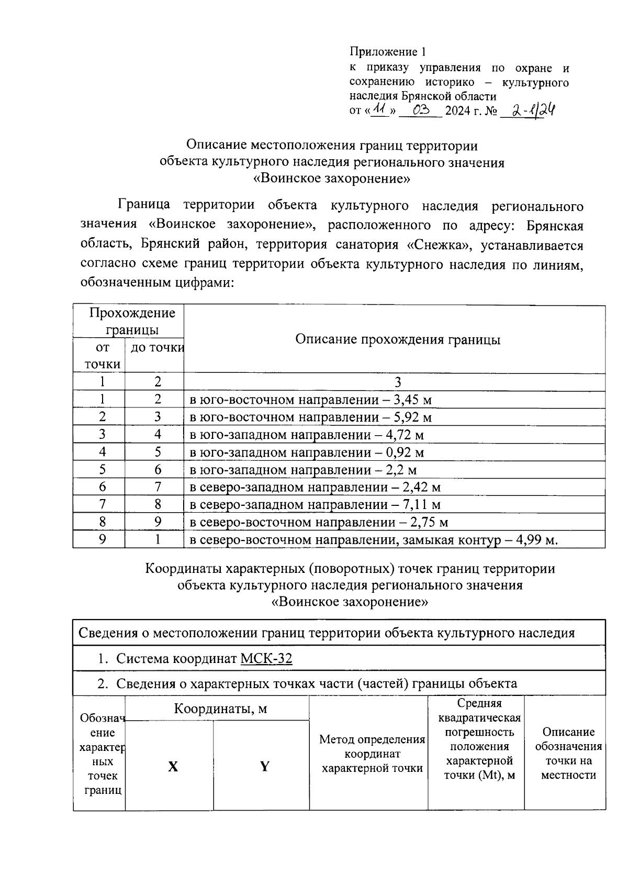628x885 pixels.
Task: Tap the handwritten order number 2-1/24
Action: coord(528,110)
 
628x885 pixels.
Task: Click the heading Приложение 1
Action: coord(388,52)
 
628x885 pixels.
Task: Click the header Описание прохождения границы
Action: coord(398,339)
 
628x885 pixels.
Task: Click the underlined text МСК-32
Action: coord(266,658)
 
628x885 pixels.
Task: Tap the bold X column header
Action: coord(173,767)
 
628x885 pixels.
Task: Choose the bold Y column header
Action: coord(265,767)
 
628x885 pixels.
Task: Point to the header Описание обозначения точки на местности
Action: coord(568,754)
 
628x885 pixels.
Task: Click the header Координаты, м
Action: coord(220,709)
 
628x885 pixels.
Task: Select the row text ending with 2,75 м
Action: coord(318,523)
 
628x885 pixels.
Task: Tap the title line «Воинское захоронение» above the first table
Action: coord(331,179)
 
